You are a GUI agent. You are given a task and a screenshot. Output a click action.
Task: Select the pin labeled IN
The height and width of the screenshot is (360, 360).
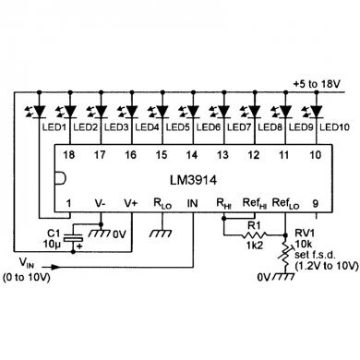click(192, 200)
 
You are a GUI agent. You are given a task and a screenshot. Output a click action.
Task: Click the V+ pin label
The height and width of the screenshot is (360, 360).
click(130, 200)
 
